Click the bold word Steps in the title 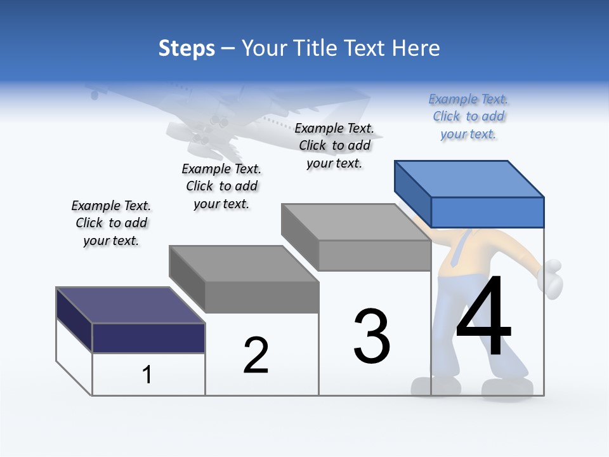pyautogui.click(x=187, y=48)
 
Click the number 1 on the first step pyautogui.click(x=147, y=375)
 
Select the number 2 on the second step pyautogui.click(x=256, y=355)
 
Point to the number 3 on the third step pyautogui.click(x=372, y=336)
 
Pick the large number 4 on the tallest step pyautogui.click(x=483, y=317)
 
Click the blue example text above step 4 pyautogui.click(x=468, y=117)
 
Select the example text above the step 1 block pyautogui.click(x=111, y=223)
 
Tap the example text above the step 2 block pyautogui.click(x=221, y=187)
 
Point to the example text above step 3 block pyautogui.click(x=334, y=146)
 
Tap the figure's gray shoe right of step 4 pyautogui.click(x=507, y=388)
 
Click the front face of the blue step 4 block pyautogui.click(x=487, y=212)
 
